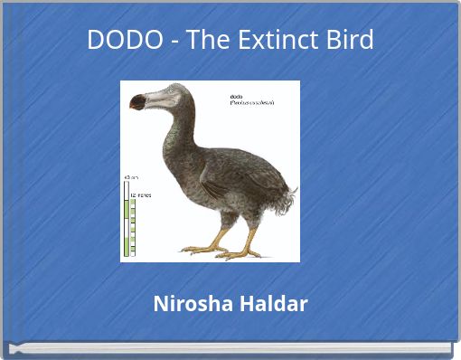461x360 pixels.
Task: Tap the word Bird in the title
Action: coord(348,40)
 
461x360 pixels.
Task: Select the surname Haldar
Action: coord(273,304)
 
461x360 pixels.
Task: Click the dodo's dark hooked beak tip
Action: coord(136,103)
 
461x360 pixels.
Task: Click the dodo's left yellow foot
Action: coord(201,248)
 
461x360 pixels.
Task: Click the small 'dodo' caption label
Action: coord(238,95)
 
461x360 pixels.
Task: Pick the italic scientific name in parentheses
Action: coord(252,102)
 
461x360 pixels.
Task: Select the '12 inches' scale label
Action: coord(143,194)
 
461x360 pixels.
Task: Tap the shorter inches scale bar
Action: coord(134,226)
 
